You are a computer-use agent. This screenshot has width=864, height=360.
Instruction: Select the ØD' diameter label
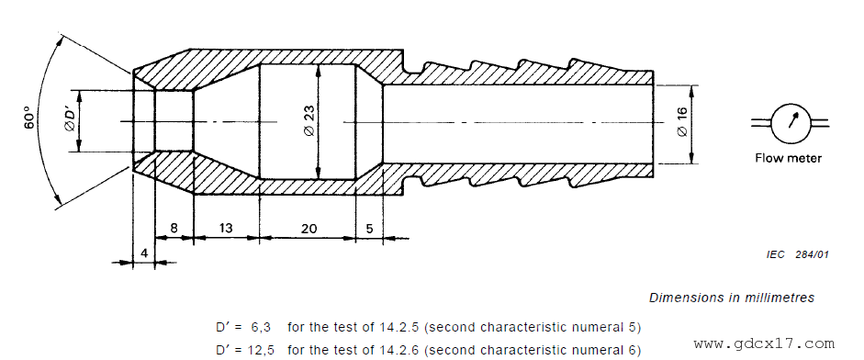(70, 121)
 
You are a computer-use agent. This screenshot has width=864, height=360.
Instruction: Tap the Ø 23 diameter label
(309, 121)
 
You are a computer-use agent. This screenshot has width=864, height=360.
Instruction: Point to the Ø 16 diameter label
(682, 122)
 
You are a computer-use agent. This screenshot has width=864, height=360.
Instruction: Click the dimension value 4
(144, 253)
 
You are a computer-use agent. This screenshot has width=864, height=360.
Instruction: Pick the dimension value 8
(174, 229)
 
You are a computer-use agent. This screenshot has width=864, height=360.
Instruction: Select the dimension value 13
(226, 229)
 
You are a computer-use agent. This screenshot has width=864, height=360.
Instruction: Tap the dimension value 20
(309, 229)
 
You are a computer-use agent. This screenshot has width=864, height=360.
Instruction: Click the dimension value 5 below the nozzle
(369, 229)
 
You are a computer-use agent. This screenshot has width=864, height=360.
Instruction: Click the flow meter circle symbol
(789, 122)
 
